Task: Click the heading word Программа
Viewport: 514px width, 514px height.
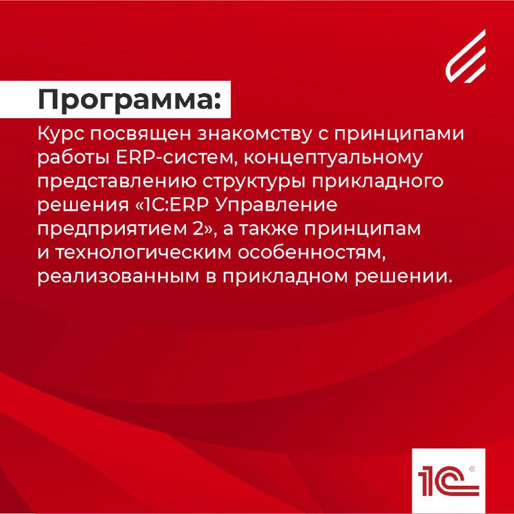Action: point(125,100)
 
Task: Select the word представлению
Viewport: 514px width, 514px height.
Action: point(116,182)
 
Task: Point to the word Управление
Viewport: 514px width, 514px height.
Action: point(277,206)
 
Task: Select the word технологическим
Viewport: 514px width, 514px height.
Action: point(143,253)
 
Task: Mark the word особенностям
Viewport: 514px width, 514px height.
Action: point(311,253)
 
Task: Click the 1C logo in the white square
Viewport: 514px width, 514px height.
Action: point(448,481)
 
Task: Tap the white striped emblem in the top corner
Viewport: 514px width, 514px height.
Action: point(465,56)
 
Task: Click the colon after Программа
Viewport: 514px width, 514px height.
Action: point(217,101)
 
